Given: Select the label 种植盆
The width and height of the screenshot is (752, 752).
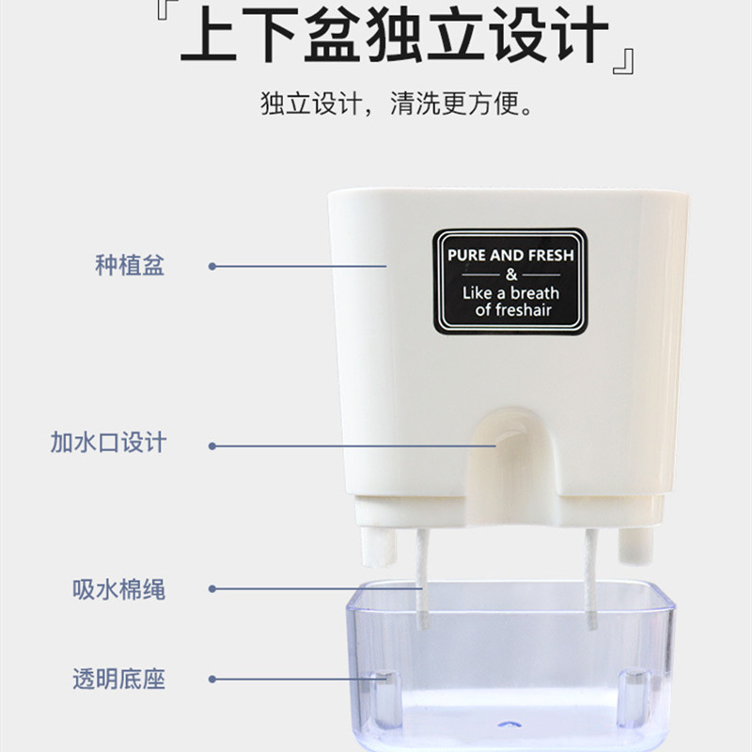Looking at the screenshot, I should pos(130,266).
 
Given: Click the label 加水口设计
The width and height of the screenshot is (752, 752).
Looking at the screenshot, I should pos(108,442).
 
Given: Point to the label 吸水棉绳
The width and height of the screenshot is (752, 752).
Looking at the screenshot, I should pos(119,589).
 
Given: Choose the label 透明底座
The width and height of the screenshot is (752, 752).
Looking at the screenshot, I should pos(119,679).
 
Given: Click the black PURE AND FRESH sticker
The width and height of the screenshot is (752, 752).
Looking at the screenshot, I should pos(509,281).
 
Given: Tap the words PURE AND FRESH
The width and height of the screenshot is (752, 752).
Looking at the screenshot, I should pos(509,255).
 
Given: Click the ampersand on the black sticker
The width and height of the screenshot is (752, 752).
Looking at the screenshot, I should pos(510,274).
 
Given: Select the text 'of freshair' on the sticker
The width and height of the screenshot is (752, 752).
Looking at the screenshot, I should pos(516,309).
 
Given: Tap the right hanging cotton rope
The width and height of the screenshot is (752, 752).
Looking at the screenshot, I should pos(590,578).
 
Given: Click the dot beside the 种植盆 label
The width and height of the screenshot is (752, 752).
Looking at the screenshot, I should pos(212,266).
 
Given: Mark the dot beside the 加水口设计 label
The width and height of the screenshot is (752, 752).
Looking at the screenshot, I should pos(212,446).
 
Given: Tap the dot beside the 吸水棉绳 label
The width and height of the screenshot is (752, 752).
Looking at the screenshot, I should pos(212,589).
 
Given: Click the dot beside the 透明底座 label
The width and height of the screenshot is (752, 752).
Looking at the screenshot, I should pos(212,679).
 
